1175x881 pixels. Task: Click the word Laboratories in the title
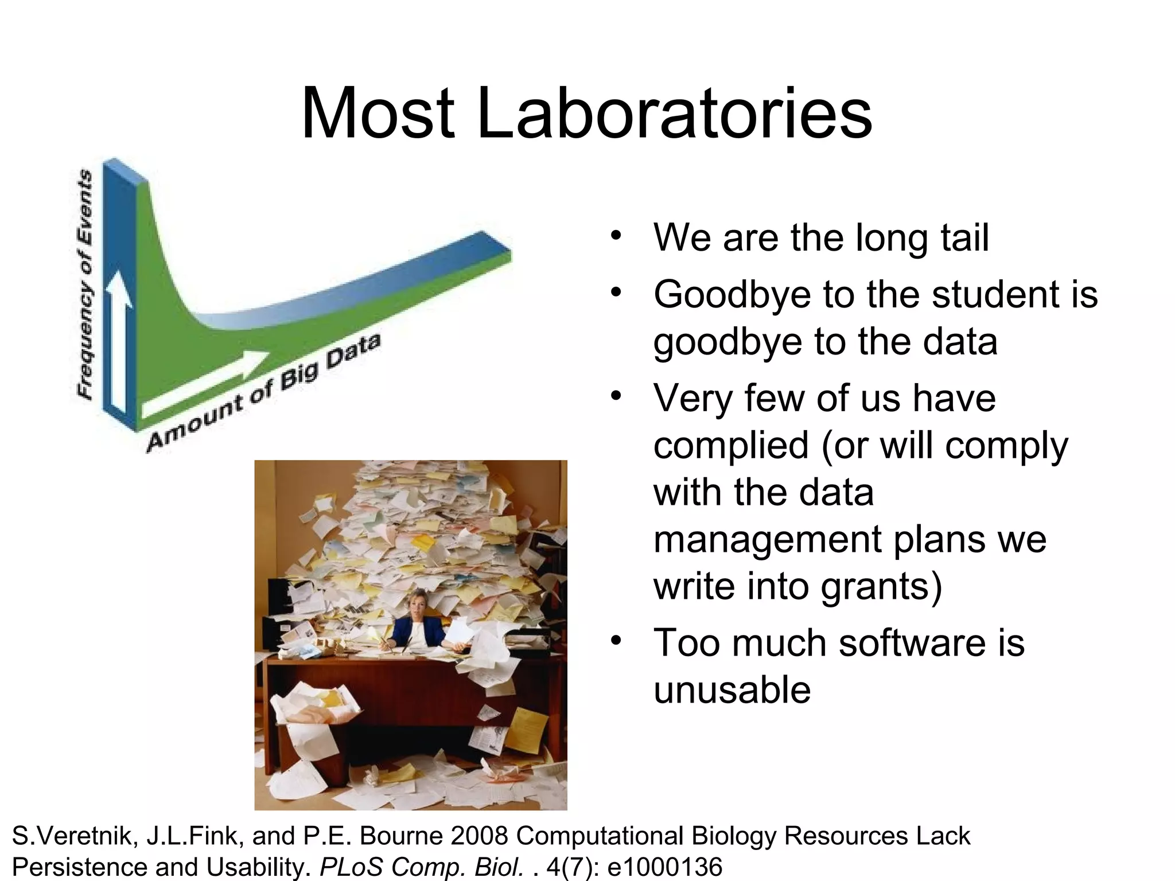(x=674, y=113)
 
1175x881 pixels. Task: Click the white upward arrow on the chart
(x=119, y=338)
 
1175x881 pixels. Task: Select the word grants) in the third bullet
(x=881, y=586)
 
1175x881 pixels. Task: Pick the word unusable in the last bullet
(x=732, y=689)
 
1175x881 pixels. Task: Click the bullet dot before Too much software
(x=616, y=640)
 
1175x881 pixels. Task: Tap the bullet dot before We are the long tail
(x=616, y=236)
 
